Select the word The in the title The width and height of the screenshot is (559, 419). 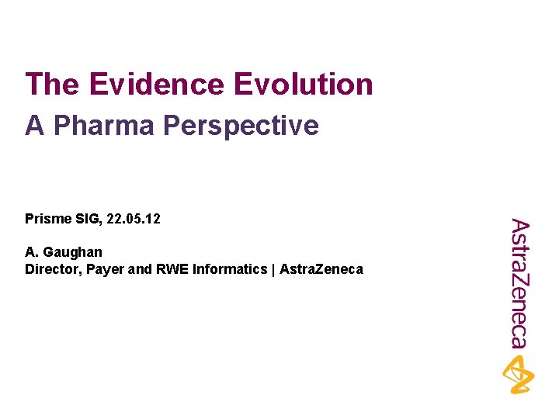[x=51, y=85]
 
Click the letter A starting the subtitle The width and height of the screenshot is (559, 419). [x=34, y=125]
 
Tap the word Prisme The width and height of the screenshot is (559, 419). [x=46, y=220]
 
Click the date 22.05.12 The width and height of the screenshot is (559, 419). [x=133, y=220]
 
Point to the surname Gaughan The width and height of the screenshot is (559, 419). [x=72, y=252]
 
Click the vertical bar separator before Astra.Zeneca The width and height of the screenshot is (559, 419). [x=273, y=270]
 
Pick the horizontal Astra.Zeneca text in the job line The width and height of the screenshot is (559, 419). [x=321, y=270]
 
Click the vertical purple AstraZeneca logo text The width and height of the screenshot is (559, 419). [x=519, y=284]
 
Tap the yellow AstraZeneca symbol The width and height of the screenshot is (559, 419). [x=518, y=374]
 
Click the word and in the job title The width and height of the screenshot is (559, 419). [x=138, y=270]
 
